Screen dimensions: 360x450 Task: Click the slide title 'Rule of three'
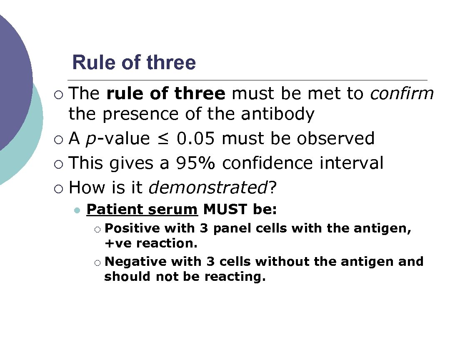click(134, 62)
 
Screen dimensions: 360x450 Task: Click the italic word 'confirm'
click(402, 94)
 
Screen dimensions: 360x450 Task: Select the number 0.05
click(196, 138)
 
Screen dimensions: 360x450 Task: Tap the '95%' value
click(195, 163)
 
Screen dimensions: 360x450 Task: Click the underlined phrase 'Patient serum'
click(142, 209)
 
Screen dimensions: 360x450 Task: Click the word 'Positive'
click(132, 228)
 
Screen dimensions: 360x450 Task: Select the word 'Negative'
click(135, 262)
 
